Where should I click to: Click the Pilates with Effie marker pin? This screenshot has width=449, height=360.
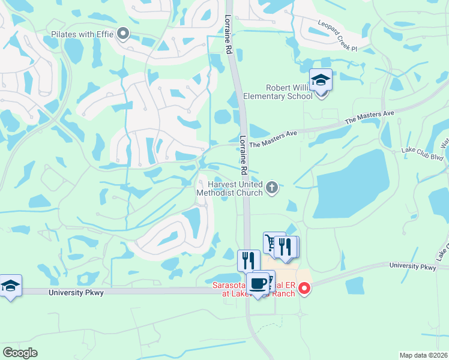124,34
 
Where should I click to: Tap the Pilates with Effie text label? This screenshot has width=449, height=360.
82,35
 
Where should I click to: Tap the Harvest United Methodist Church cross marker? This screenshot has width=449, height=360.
272,188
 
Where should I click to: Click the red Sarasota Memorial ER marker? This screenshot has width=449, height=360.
304,289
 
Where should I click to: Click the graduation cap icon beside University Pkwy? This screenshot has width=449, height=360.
10,286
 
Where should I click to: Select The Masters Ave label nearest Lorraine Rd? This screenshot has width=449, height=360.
273,139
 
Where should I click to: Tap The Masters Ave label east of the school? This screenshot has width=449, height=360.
369,117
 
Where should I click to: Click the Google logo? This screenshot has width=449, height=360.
20,353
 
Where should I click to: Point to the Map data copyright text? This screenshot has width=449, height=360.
424,355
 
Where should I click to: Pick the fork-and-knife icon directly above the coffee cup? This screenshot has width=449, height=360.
249,260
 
